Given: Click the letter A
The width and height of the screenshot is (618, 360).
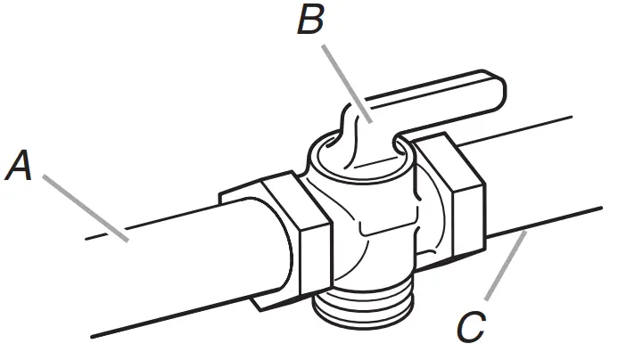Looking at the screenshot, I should (x=21, y=167).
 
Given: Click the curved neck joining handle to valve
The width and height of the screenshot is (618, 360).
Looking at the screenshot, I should (x=357, y=134).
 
